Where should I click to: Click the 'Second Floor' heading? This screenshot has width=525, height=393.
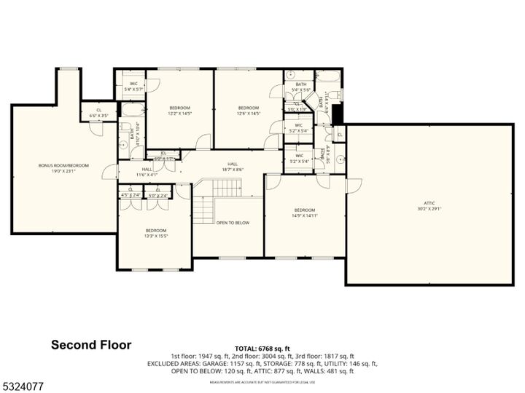(91, 345)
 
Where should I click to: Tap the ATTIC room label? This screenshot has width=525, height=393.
(430, 205)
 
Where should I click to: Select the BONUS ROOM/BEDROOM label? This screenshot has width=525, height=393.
(63, 166)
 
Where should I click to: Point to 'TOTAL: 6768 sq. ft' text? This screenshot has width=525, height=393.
(262, 349)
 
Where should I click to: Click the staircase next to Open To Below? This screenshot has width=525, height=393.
(205, 210)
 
